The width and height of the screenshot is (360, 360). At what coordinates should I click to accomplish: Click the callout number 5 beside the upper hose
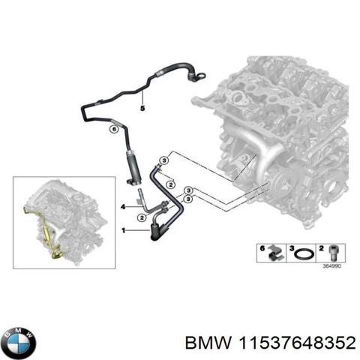(140, 109)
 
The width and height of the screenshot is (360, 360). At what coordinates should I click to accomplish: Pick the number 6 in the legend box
(259, 247)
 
